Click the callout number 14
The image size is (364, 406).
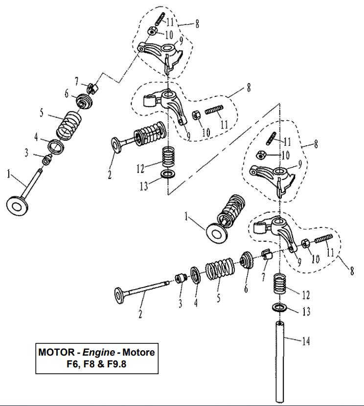305,341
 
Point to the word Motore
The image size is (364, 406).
138,353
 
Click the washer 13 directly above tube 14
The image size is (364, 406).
279,308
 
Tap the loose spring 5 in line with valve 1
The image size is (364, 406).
68,126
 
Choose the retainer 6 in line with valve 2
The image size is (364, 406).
247,260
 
